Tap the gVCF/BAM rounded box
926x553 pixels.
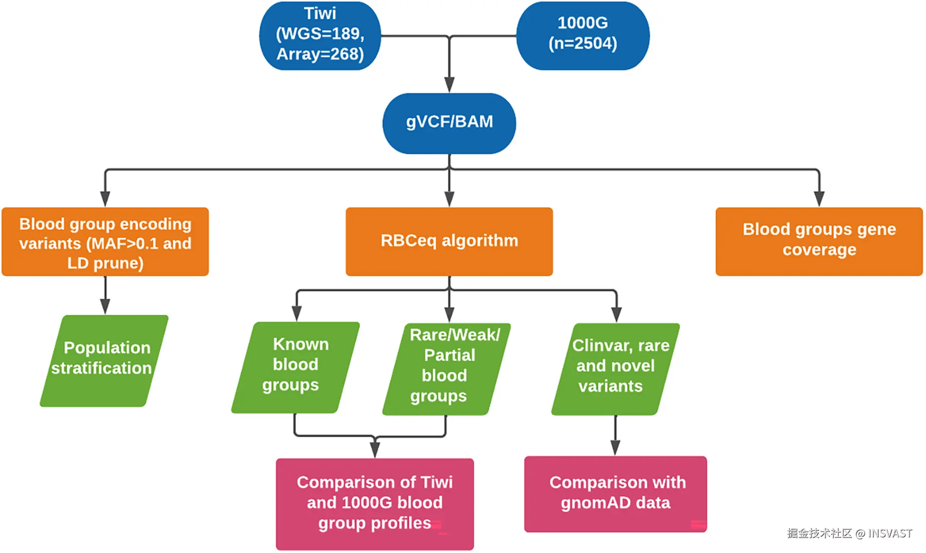coord(449,123)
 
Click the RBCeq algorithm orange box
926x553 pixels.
coord(449,241)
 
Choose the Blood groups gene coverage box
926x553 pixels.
coord(819,241)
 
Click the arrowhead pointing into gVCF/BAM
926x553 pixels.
coord(449,84)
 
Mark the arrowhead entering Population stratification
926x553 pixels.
coord(105,306)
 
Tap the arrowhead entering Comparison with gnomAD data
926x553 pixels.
coord(615,447)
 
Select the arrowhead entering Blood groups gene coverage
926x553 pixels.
coord(819,198)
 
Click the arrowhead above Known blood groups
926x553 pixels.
coord(297,313)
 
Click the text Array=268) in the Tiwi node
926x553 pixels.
coord(320,54)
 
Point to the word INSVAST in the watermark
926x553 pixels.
coord(890,533)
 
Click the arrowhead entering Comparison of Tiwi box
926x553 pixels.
coord(375,449)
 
